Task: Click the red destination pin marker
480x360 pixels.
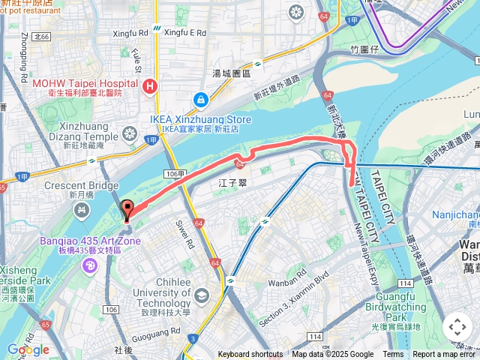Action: click(126, 210)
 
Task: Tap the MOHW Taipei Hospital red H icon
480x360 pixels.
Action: click(150, 86)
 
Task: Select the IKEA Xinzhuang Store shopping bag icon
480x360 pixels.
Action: click(200, 100)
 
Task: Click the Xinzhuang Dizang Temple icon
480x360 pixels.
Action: click(130, 134)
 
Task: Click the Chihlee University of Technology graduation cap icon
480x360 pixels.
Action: click(201, 295)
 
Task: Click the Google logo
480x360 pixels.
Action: click(28, 349)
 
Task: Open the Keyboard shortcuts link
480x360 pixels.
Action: click(250, 355)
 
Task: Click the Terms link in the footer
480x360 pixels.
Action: click(393, 355)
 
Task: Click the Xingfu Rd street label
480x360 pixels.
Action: click(130, 34)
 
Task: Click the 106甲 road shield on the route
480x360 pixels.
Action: click(173, 173)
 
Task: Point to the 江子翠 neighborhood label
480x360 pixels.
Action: click(232, 182)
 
